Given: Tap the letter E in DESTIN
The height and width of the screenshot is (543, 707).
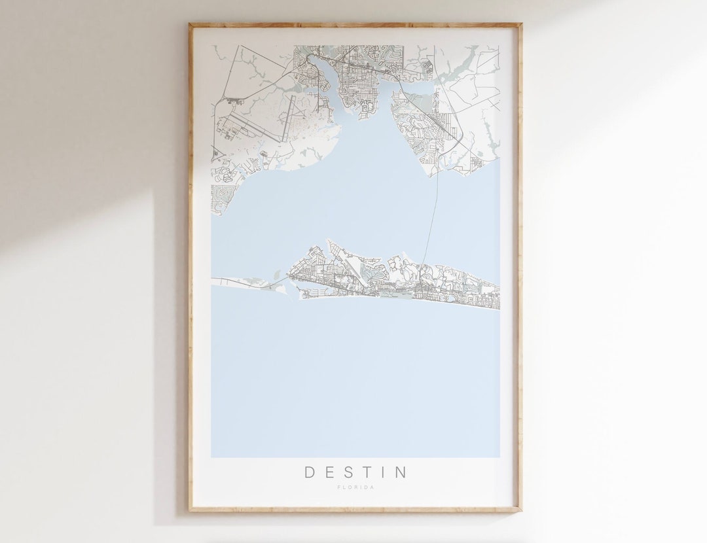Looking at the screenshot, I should click(x=330, y=472).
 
